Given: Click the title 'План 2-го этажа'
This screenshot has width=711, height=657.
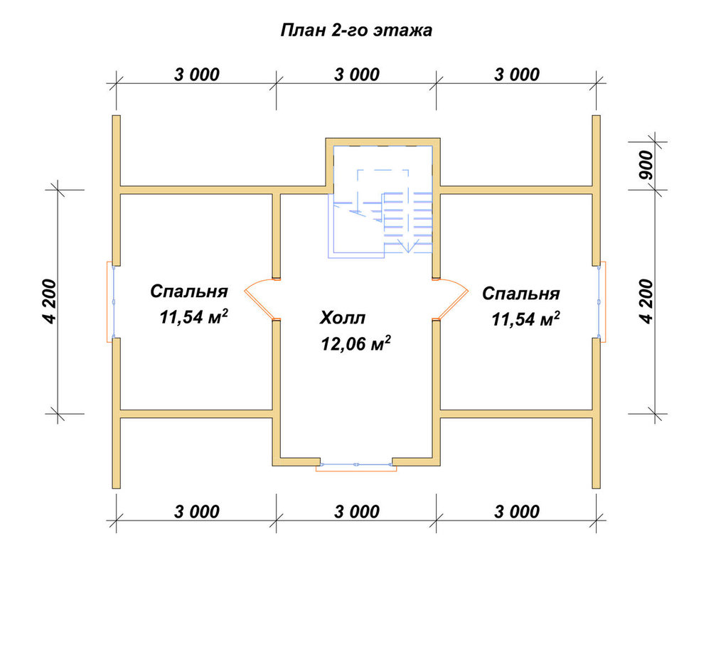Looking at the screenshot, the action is [x=356, y=31].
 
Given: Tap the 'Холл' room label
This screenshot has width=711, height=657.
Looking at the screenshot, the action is [x=343, y=318].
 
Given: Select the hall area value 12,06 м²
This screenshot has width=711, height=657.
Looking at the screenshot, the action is [x=356, y=343].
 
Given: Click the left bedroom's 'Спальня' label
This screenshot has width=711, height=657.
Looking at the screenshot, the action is [x=189, y=292].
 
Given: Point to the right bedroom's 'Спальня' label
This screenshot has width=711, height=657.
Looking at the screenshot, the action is [x=521, y=294].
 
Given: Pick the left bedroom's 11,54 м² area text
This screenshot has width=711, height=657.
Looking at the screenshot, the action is [x=193, y=317].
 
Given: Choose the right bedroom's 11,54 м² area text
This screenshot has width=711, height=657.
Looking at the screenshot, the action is [x=526, y=319].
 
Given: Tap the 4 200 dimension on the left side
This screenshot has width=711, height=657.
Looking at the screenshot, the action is [x=50, y=301].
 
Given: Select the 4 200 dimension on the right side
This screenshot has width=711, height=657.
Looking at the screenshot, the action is [x=647, y=301].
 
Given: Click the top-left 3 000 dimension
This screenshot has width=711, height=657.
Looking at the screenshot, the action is [x=197, y=75].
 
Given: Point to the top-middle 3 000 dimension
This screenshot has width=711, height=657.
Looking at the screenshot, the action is [x=357, y=75].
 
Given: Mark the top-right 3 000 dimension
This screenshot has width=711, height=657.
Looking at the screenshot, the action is [x=517, y=75].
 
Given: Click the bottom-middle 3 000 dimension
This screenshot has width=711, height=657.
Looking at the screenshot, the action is [x=357, y=511].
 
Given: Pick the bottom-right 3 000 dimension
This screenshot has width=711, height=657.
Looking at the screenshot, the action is [x=517, y=511].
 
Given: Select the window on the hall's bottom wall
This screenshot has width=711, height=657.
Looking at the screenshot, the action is [x=356, y=466].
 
